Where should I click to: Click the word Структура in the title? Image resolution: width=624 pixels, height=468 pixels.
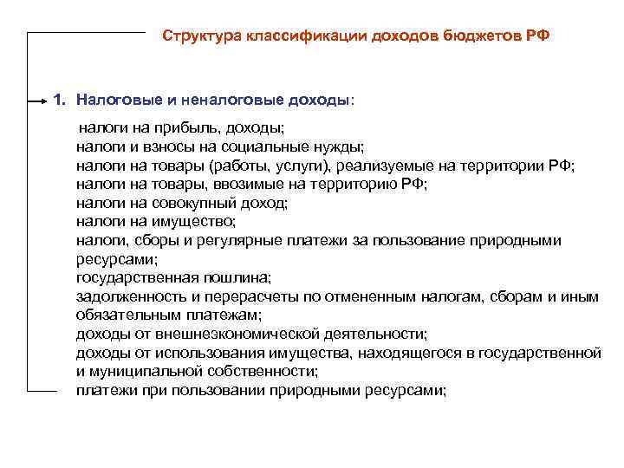[x=203, y=37]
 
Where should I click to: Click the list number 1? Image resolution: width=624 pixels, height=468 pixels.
[x=58, y=100]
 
